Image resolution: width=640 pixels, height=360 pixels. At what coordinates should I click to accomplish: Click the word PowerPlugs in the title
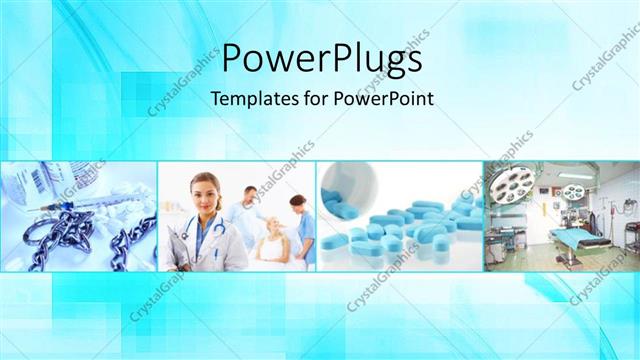point(320,59)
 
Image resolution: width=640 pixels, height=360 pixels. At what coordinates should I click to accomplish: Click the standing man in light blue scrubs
point(246,210)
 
